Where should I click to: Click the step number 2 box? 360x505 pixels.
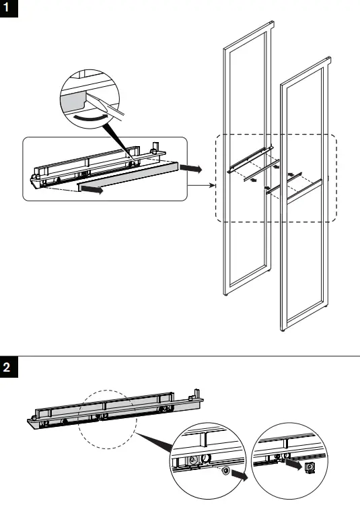coord(7,368)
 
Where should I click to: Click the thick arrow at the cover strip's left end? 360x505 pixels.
coord(92,191)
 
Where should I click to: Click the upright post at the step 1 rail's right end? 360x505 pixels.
coord(156,146)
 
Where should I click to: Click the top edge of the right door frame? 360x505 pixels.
coord(306,64)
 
